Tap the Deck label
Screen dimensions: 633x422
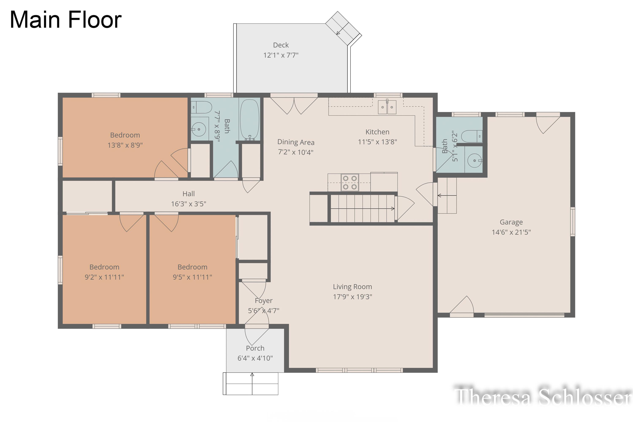coord(281,45)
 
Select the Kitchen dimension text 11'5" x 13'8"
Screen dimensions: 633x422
coord(377,142)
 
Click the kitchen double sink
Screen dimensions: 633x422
coord(387,107)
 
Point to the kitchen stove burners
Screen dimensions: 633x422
coord(350,183)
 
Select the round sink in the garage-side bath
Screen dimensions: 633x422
coord(475,160)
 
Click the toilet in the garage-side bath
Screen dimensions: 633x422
coord(472,137)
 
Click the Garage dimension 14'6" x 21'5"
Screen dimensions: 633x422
coord(511,232)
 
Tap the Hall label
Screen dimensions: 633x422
coord(188,194)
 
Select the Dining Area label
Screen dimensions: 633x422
coord(296,142)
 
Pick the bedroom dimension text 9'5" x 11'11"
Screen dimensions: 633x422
coord(192,277)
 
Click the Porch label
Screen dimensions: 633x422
coord(255,348)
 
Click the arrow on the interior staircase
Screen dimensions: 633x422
coord(362,209)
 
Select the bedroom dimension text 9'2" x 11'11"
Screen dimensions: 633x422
coord(104,277)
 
